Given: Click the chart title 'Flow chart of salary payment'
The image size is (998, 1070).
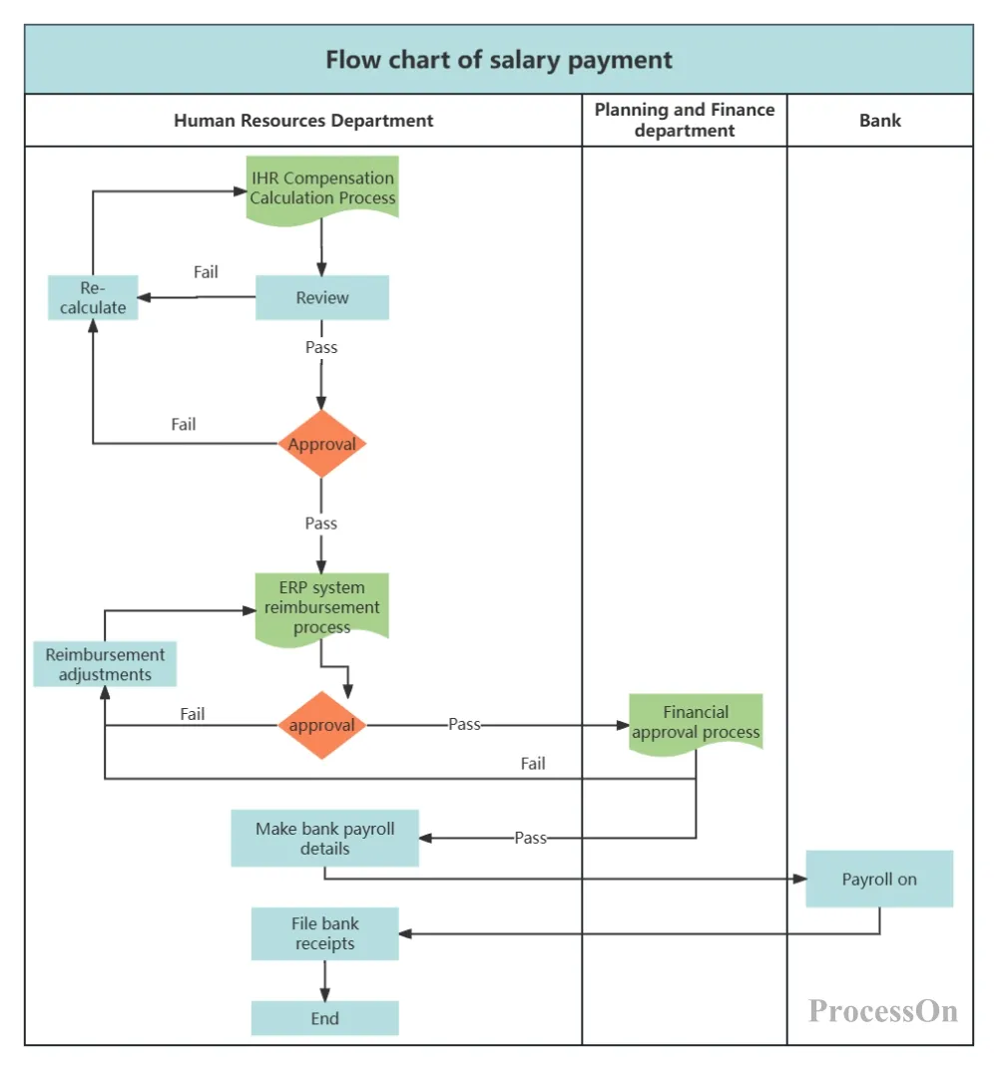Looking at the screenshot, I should [x=499, y=60].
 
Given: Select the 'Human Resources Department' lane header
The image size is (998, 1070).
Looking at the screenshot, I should [x=303, y=121].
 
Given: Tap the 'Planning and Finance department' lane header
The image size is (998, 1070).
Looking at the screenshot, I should [x=685, y=120].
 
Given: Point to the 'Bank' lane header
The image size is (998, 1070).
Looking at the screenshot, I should [x=880, y=121].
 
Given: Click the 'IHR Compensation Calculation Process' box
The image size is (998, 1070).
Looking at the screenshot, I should [x=322, y=187].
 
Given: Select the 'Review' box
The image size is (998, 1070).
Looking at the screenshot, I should [x=322, y=297].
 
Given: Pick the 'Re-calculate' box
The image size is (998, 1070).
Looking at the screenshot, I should [x=93, y=297].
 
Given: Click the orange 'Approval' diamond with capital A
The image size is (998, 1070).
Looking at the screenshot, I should [x=321, y=445].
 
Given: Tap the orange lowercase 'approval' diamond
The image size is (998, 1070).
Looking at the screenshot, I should [x=321, y=725].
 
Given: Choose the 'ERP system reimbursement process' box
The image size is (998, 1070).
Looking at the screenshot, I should [x=321, y=606].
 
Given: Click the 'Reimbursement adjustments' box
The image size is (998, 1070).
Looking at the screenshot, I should [x=105, y=664].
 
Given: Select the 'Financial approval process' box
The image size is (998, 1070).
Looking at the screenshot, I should [x=696, y=722].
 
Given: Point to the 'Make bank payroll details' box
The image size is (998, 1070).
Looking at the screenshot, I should [x=324, y=838].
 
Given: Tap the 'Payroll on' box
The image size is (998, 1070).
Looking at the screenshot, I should [x=879, y=879].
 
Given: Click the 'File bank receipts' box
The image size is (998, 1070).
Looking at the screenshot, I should [x=324, y=933].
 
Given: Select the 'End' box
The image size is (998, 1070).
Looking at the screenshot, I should [x=324, y=1018].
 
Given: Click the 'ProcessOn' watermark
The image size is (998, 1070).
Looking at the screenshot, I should [x=883, y=1011].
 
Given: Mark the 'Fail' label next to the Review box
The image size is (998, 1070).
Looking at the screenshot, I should [x=206, y=272].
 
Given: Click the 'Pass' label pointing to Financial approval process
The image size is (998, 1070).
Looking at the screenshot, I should [x=464, y=725].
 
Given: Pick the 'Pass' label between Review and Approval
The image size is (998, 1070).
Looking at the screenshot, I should [x=321, y=348].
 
